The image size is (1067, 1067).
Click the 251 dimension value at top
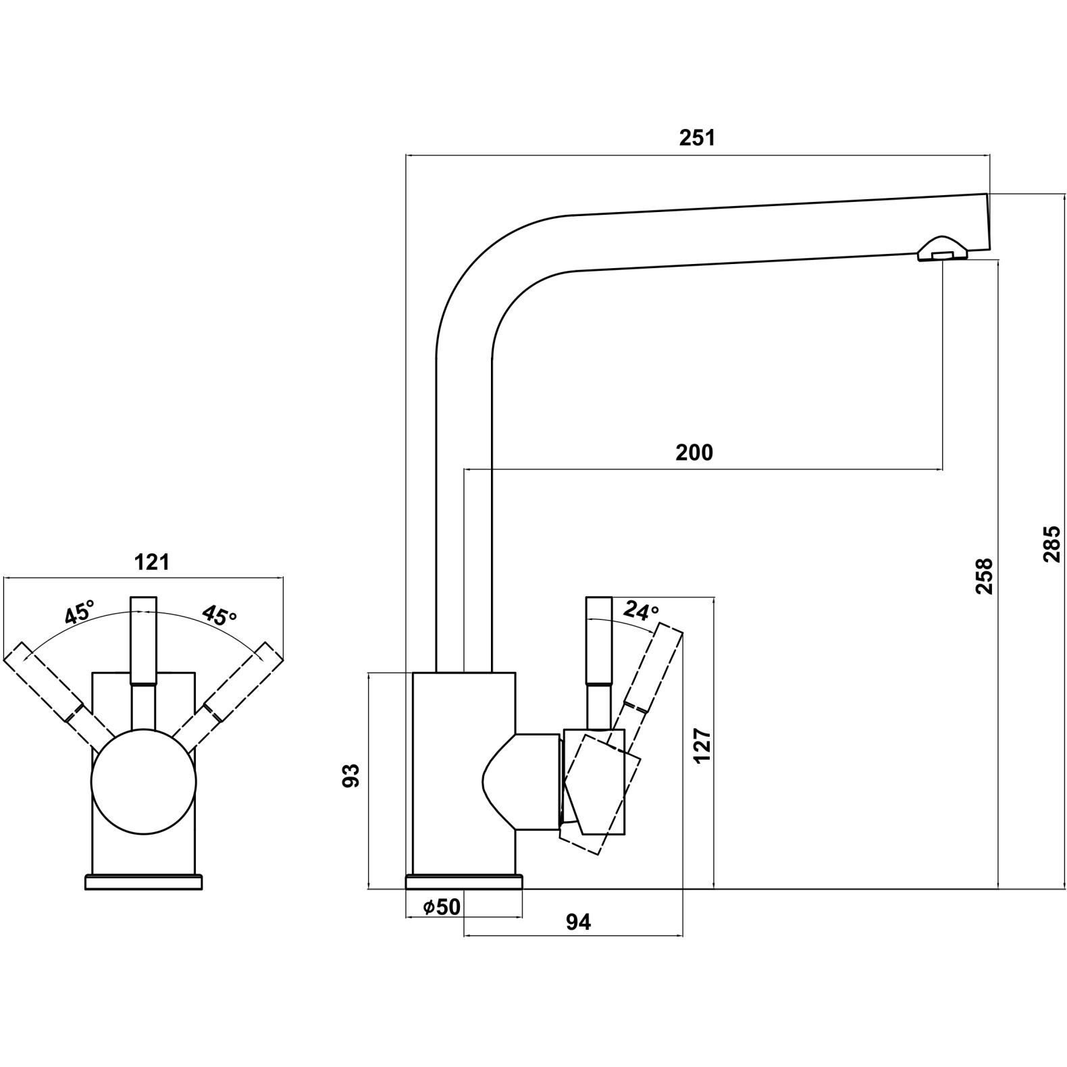click(696, 138)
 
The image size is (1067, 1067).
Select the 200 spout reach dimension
click(694, 452)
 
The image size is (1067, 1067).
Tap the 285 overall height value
click(1051, 544)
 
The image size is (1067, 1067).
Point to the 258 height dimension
click(984, 575)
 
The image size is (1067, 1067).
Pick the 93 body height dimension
click(351, 775)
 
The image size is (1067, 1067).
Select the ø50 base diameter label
click(441, 907)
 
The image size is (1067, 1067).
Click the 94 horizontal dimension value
click(578, 922)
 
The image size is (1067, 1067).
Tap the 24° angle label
click(640, 610)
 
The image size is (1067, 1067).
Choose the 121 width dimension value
click(152, 561)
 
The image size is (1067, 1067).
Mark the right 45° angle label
click(220, 614)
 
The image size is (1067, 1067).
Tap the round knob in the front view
click(144, 781)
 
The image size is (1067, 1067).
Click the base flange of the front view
click(143, 882)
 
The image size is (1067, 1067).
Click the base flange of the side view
click(463, 882)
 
